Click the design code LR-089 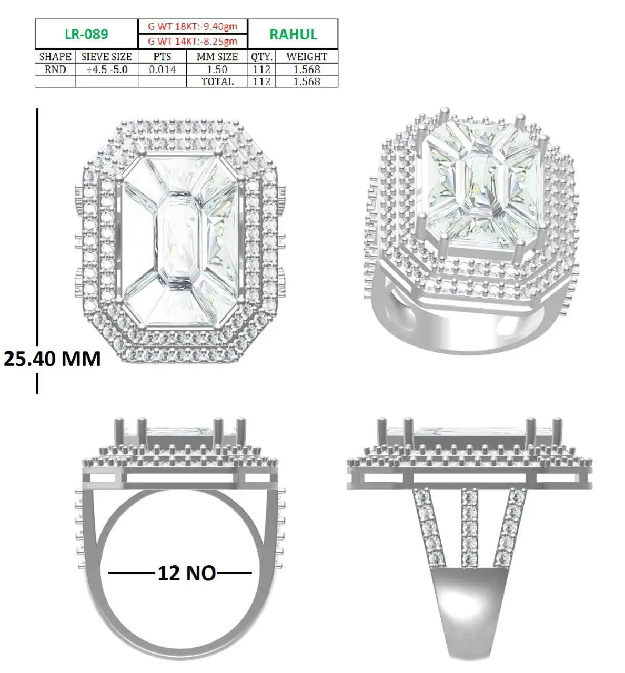point(86,34)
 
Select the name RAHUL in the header point(293,35)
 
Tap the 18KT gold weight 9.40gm point(193,26)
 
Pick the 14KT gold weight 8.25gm point(193,42)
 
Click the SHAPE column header point(55,57)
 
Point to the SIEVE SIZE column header point(106,57)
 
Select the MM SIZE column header point(217,57)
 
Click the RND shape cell point(55,69)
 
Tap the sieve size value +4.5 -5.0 point(106,69)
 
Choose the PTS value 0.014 point(163,69)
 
